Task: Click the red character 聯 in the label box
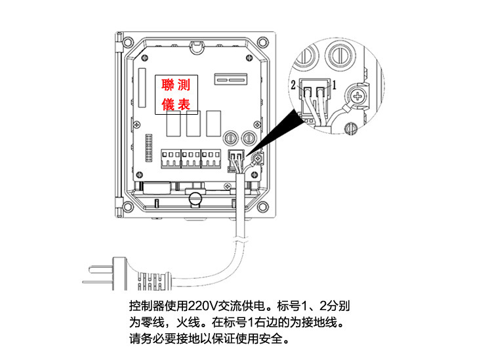[167, 85]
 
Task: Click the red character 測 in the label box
[184, 85]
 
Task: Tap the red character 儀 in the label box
[167, 104]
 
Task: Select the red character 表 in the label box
[184, 104]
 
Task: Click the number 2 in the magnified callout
[293, 85]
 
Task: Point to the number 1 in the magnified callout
[334, 85]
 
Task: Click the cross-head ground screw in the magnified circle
[358, 96]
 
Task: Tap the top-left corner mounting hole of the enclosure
[127, 41]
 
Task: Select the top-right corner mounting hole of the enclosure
[262, 41]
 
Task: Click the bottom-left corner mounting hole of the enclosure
[127, 207]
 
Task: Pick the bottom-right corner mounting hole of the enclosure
[262, 207]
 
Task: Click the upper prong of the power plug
[101, 270]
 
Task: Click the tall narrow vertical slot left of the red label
[142, 88]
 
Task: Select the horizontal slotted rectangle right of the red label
[231, 79]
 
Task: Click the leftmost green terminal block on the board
[171, 159]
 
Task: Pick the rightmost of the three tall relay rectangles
[214, 123]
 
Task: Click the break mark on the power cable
[241, 241]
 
